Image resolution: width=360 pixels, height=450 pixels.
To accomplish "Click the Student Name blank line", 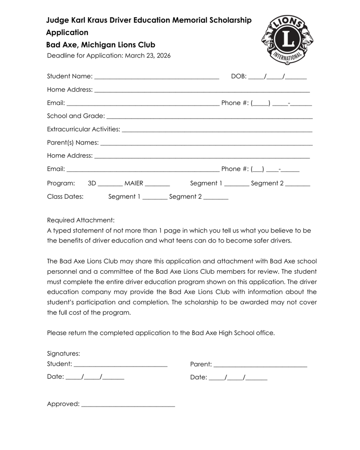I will [x=156, y=78].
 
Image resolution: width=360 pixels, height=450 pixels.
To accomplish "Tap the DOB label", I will [x=239, y=76].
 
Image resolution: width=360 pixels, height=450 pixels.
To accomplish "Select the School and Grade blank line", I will [x=209, y=118].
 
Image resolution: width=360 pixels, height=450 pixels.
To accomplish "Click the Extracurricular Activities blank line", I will [x=217, y=131].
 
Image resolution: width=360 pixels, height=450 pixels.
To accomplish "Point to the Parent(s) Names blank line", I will [x=207, y=144].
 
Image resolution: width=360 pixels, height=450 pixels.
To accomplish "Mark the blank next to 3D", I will [x=110, y=185].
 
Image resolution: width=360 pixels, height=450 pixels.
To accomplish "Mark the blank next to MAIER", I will [x=157, y=185].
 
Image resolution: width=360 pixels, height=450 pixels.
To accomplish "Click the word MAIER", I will [x=134, y=183].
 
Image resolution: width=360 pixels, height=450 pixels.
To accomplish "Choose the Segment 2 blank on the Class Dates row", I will [x=216, y=199].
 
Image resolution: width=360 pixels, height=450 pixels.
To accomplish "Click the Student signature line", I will [x=120, y=366].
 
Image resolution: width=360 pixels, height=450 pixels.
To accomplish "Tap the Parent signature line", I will [x=260, y=366].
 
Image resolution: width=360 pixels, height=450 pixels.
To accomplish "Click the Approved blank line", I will [x=128, y=406].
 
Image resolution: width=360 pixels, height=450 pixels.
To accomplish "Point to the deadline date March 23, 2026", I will [x=148, y=56].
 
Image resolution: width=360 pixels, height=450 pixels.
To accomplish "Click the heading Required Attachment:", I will [x=80, y=220].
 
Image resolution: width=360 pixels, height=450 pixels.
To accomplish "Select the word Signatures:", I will [x=63, y=353].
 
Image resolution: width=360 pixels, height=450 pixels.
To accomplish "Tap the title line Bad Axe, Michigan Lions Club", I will [x=101, y=45].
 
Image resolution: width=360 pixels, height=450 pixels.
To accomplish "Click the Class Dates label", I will [x=65, y=196].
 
